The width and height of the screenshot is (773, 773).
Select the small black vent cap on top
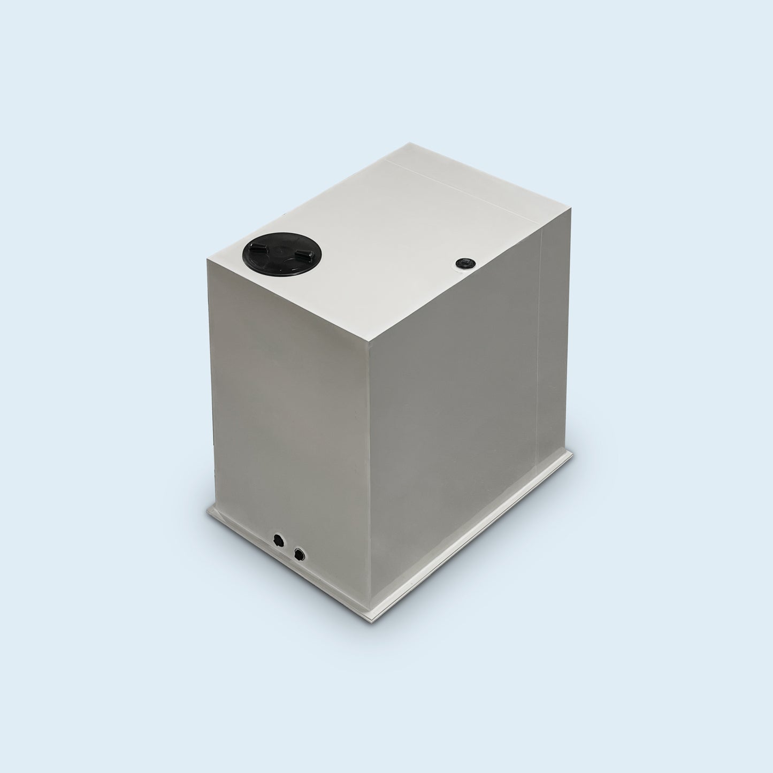coord(462,263)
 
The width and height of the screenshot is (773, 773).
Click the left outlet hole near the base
coord(277,539)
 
